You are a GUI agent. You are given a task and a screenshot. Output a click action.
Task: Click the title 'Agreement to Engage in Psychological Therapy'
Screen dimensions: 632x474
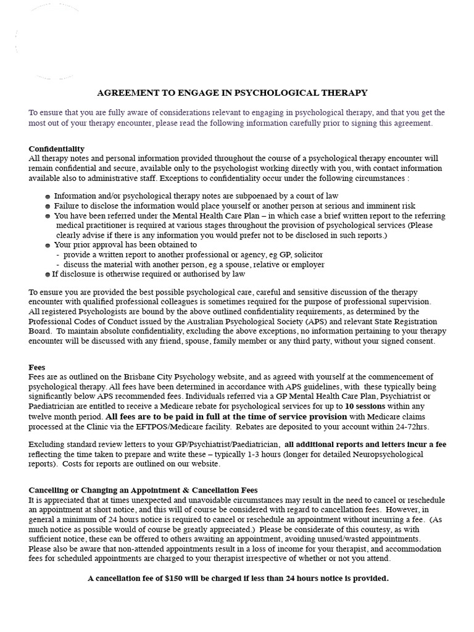[232, 93]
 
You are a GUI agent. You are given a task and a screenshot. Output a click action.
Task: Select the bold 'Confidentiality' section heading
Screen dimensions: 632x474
[57, 149]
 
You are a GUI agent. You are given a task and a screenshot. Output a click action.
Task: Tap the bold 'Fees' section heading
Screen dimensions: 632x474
[37, 367]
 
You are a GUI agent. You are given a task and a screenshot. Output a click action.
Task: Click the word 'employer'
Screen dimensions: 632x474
[307, 264]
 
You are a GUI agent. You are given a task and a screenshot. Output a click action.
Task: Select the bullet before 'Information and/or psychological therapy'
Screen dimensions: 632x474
[48, 197]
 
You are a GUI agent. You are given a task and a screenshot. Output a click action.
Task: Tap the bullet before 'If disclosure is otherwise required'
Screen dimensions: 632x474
[48, 274]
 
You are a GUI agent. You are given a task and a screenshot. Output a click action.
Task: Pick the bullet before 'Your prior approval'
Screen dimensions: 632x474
[48, 245]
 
